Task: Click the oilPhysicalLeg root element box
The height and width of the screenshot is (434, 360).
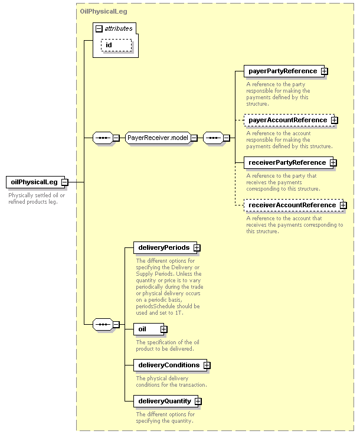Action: [x=35, y=182]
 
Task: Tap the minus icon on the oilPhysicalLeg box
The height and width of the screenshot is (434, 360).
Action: [x=65, y=182]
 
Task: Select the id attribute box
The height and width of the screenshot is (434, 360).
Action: [x=116, y=45]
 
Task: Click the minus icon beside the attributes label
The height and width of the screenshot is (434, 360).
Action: [x=99, y=28]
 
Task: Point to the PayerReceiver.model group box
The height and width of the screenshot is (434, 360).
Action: [x=158, y=138]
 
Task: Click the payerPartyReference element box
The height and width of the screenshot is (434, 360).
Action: [x=284, y=71]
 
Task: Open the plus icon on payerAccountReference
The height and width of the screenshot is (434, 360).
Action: [x=334, y=120]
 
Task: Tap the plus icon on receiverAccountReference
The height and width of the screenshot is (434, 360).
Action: [x=343, y=205]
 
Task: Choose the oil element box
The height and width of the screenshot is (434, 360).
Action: [x=149, y=329]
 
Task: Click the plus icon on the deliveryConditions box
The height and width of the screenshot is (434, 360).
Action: [x=207, y=366]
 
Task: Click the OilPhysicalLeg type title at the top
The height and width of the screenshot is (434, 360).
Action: [x=103, y=12]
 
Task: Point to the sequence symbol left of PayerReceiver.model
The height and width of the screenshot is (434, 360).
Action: [x=103, y=138]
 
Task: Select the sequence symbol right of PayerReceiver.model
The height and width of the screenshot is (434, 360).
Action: [x=213, y=138]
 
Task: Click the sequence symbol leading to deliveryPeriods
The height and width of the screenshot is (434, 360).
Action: [x=103, y=324]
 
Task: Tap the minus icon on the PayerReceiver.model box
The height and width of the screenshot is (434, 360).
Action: [x=194, y=138]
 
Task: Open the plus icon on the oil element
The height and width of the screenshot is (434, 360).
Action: [x=164, y=329]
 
